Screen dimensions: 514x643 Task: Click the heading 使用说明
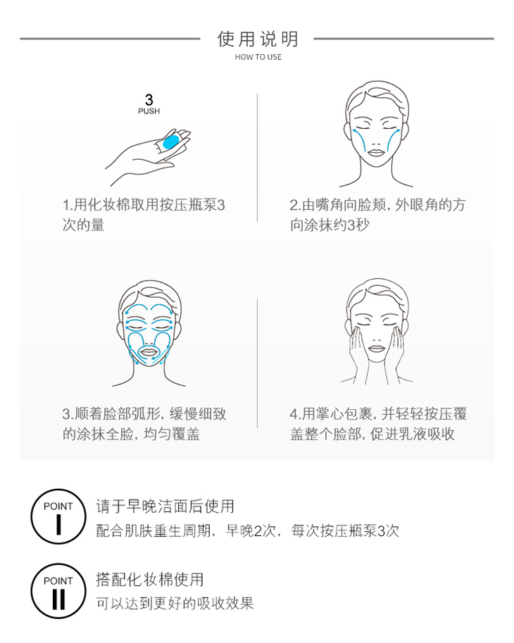tap(258, 39)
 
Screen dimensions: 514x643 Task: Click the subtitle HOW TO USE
tap(258, 57)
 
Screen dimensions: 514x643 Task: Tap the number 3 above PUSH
tap(149, 99)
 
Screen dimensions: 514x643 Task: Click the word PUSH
tap(149, 111)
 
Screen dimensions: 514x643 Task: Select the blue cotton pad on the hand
tap(170, 142)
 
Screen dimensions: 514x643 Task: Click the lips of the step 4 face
tap(376, 349)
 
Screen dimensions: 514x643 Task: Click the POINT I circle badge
tap(58, 516)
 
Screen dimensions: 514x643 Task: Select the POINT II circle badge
tap(58, 591)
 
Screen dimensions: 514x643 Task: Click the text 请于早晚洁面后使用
tap(165, 506)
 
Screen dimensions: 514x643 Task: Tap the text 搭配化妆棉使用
tap(150, 580)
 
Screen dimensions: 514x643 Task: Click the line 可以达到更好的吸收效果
tap(175, 604)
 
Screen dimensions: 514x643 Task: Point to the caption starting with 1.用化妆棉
tap(144, 215)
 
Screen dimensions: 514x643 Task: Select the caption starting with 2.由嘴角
tap(377, 215)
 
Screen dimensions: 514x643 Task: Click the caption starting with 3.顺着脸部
tap(144, 423)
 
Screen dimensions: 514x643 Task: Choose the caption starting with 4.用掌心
tap(378, 423)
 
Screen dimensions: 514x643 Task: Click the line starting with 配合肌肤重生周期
tap(248, 531)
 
